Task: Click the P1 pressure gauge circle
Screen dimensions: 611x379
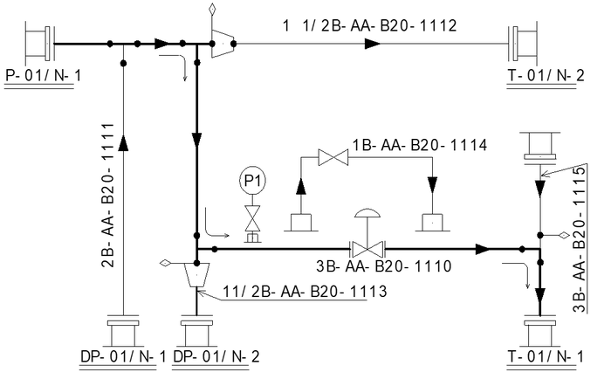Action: (x=252, y=181)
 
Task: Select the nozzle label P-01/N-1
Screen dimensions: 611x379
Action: (x=44, y=75)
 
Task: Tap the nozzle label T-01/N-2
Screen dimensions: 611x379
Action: (x=546, y=75)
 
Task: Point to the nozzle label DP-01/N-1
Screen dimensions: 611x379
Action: (x=123, y=356)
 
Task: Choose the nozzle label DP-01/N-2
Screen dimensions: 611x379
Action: (x=216, y=356)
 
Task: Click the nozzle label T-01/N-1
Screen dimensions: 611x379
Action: (x=546, y=356)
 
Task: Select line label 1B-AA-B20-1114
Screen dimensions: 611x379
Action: (x=420, y=145)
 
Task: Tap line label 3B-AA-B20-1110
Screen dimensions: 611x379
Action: (x=384, y=266)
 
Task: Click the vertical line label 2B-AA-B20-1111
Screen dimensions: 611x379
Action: (x=108, y=196)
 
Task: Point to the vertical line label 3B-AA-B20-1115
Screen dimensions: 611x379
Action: (x=580, y=239)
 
